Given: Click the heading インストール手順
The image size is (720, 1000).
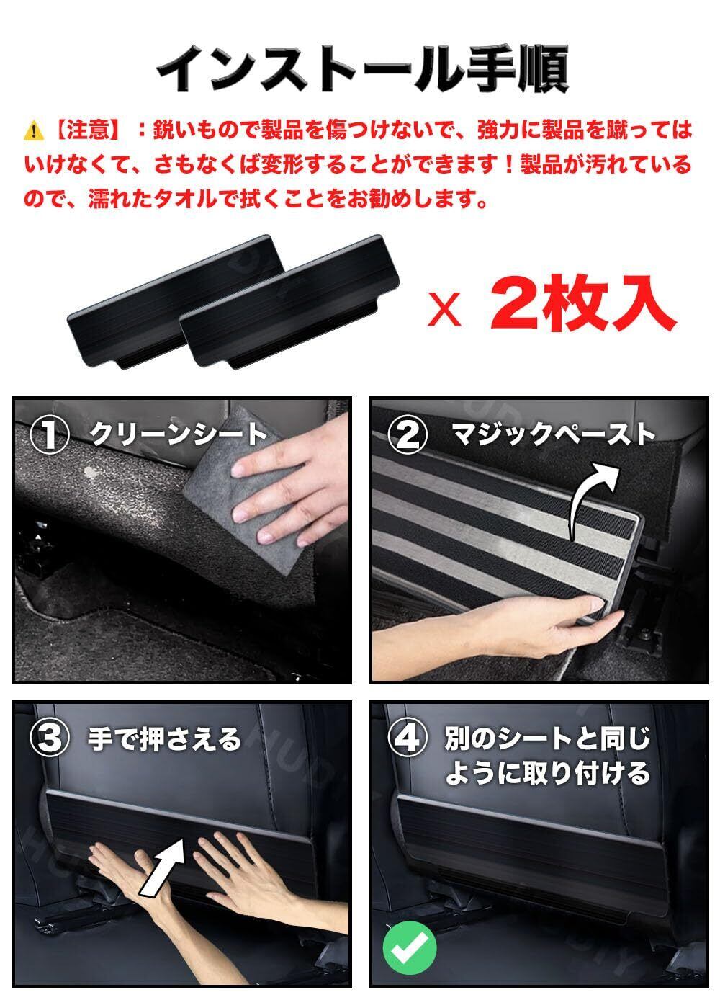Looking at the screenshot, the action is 362,68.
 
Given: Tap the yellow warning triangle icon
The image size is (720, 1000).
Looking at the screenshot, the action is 34,131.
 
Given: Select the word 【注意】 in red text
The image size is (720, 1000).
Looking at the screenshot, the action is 86,130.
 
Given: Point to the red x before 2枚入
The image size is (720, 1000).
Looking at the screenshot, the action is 444,311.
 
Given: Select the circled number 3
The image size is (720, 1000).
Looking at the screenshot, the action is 49,738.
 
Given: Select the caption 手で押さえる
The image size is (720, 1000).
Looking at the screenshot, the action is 164,738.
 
